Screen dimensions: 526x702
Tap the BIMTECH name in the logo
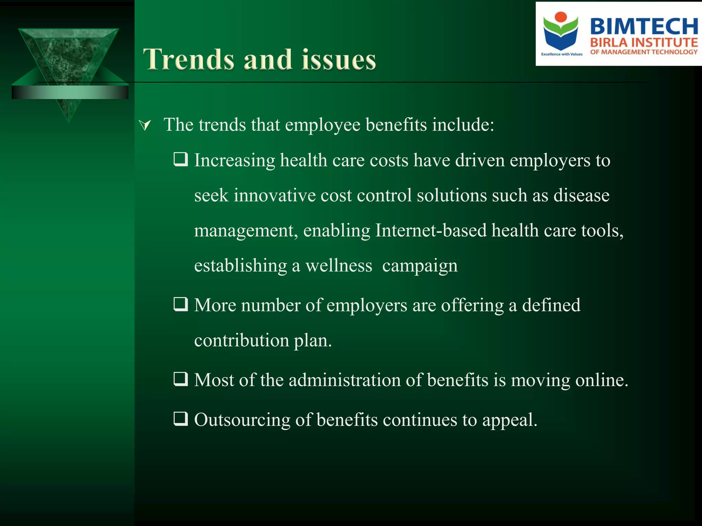[x=644, y=26]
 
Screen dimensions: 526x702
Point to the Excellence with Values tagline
[x=561, y=54]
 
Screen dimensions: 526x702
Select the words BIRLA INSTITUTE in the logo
[x=644, y=43]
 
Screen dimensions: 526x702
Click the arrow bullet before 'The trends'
[x=145, y=125]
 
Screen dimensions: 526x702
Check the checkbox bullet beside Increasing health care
[x=181, y=159]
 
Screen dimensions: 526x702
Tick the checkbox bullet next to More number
[x=181, y=304]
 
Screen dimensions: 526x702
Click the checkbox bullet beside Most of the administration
[x=181, y=379]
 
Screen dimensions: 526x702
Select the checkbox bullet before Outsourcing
[x=181, y=418]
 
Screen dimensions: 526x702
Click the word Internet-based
[x=431, y=230]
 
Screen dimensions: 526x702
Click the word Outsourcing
[x=242, y=420]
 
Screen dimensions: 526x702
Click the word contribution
[x=241, y=340]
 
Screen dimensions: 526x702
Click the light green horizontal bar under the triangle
[x=70, y=92]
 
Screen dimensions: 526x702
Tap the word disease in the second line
[x=581, y=196]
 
